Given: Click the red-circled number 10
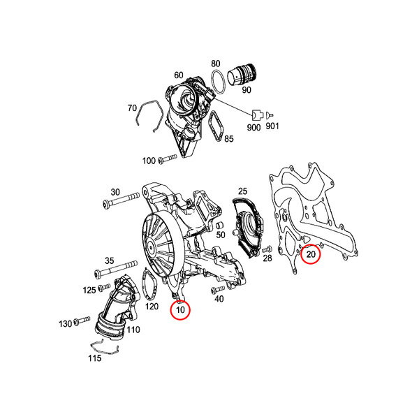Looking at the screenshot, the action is (181, 310).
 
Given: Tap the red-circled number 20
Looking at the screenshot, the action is (311, 254).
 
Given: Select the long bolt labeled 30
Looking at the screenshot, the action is (121, 200).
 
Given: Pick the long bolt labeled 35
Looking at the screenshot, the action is (116, 269).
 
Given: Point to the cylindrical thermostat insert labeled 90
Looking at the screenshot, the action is (242, 75).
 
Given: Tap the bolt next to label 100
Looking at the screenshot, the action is (168, 159).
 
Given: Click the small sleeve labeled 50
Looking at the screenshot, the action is (220, 225).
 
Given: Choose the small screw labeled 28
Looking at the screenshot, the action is (267, 249).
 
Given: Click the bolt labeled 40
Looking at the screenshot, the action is (218, 289).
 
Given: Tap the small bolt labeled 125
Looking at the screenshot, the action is (104, 287).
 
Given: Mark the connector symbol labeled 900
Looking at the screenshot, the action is (258, 115).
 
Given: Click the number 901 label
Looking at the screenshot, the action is (272, 126).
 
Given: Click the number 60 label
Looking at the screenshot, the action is (179, 75).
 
